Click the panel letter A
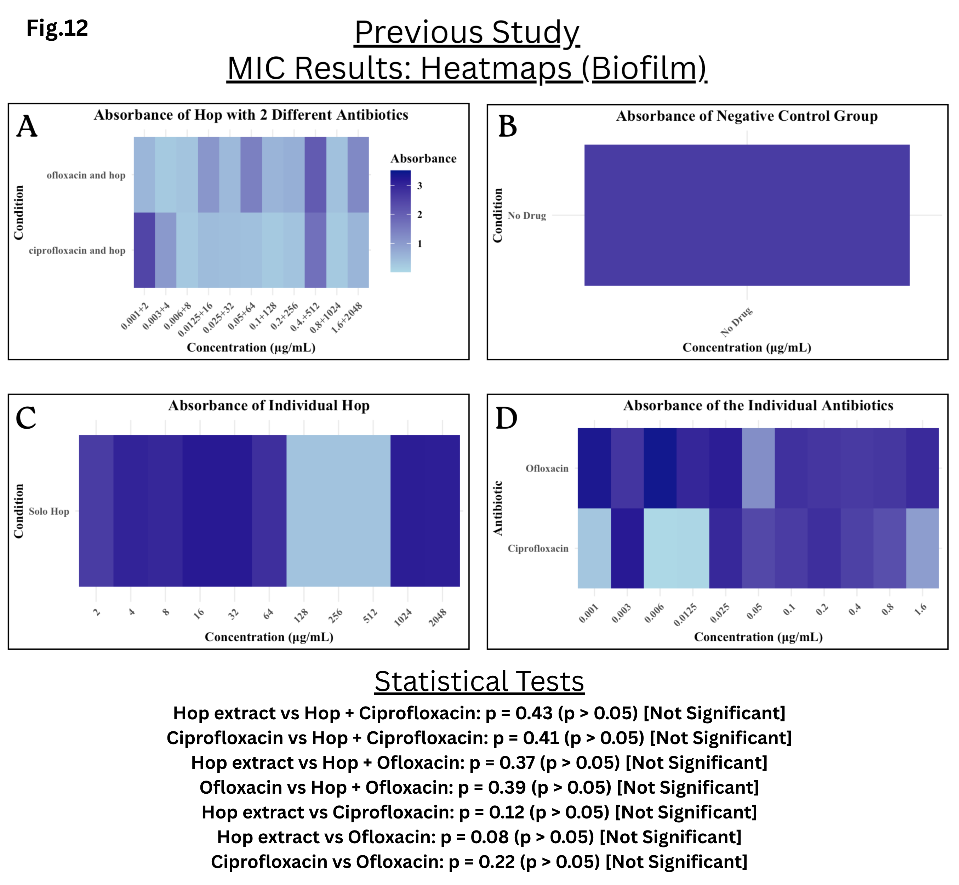coord(27,126)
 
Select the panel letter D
coord(506,418)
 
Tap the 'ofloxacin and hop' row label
coord(86,175)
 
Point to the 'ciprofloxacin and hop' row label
coord(77,251)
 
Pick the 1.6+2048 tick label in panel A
coord(347,318)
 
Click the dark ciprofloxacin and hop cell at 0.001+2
coord(144,250)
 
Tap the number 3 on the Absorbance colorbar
coord(419,186)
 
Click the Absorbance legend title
coord(423,159)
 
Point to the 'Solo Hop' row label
coord(49,512)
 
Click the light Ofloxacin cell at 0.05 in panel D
coord(758,468)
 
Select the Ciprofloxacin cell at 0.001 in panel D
coord(594,548)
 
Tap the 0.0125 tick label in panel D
coord(685,615)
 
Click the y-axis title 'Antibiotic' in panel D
coord(498,508)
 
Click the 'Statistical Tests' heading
coord(479,681)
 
